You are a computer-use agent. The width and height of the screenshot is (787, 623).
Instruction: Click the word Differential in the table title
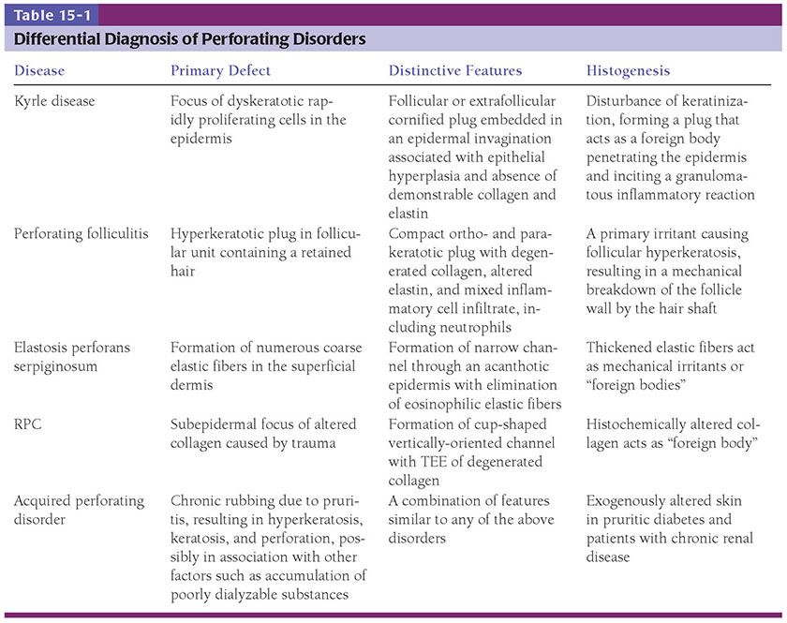[x=55, y=39]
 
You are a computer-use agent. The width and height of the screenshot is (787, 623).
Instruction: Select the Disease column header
[x=39, y=71]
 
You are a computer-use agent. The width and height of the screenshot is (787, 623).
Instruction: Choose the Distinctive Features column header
[x=455, y=71]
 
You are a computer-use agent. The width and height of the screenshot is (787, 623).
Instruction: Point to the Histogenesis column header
[x=629, y=71]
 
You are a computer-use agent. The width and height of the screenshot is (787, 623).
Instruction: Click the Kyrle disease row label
[x=55, y=100]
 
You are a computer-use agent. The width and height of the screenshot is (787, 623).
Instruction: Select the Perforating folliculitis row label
[x=82, y=233]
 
